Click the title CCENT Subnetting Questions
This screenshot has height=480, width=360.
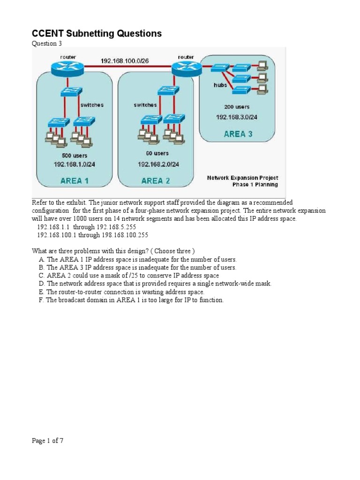97,33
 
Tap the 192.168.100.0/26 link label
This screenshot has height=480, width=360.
126,61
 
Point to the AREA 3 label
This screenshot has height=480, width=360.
238,134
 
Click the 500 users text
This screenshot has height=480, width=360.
74,155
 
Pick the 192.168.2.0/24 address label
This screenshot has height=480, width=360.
158,164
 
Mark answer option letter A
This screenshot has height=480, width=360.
41,259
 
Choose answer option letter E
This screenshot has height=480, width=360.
41,292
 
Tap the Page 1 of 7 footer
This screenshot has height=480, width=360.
47,440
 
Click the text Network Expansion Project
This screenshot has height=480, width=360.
242,178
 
